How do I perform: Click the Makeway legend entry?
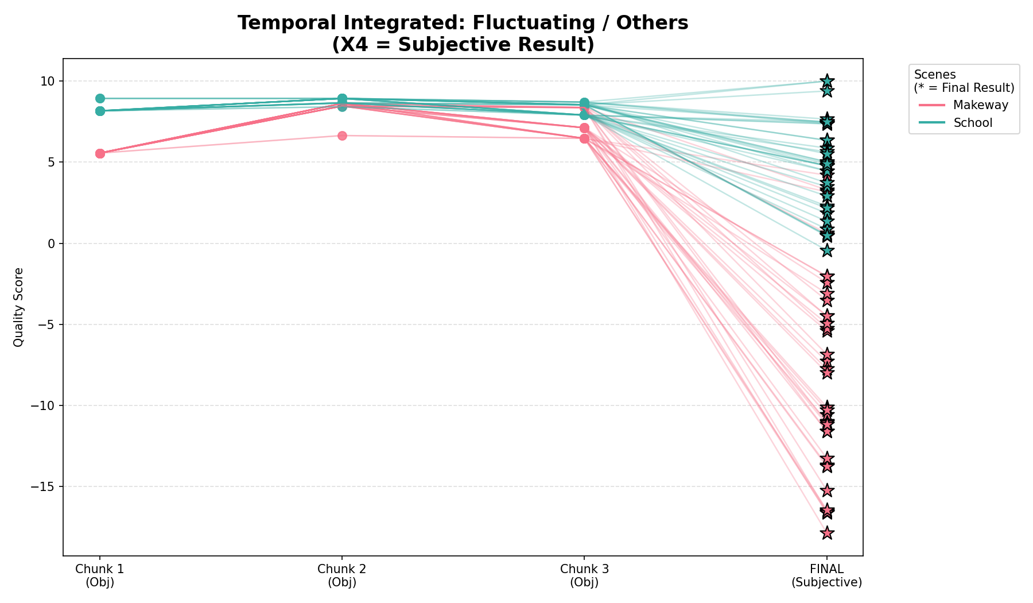pos(980,105)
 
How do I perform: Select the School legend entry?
pos(972,123)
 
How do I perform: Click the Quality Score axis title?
pos(18,307)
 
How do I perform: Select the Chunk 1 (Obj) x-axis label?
pos(100,575)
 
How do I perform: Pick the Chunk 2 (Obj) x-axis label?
pos(342,575)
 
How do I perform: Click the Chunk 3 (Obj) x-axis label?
pos(584,575)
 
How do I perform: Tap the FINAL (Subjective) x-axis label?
pos(826,575)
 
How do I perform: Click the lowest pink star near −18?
pos(827,533)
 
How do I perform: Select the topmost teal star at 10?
pos(827,81)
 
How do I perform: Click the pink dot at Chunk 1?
pos(100,153)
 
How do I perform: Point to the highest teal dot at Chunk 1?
pos(100,98)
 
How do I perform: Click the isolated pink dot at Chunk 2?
pos(342,136)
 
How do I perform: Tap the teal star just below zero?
pos(827,250)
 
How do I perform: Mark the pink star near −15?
pos(827,490)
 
